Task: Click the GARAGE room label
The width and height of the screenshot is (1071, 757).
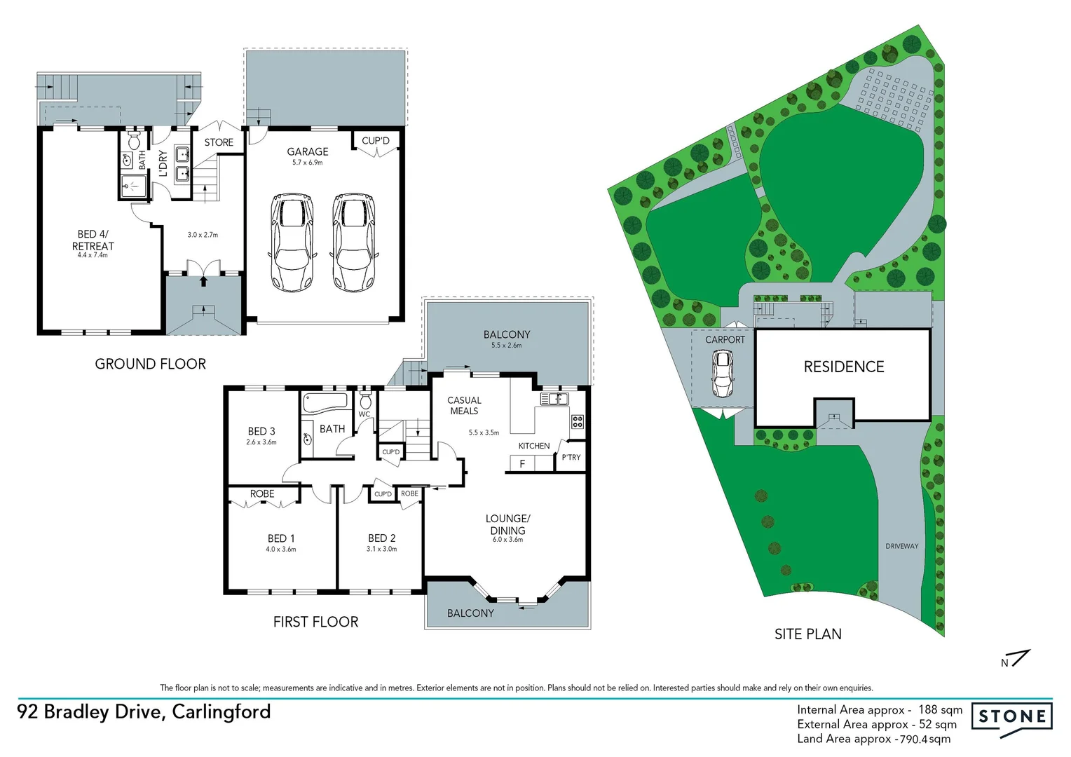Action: (308, 151)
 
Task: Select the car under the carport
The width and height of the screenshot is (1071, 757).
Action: (723, 373)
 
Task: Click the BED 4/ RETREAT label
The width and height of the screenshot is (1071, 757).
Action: (93, 240)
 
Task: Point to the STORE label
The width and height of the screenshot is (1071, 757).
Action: (219, 142)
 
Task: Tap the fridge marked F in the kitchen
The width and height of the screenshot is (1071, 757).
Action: (522, 463)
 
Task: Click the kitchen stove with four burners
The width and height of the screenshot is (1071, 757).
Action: (578, 421)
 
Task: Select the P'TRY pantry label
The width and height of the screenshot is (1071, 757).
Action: (571, 457)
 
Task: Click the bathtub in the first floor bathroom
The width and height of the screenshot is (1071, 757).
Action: (325, 402)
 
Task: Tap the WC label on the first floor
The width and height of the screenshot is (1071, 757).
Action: (364, 414)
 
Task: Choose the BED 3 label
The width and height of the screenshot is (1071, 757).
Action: (261, 431)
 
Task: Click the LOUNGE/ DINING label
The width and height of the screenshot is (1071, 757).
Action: (508, 524)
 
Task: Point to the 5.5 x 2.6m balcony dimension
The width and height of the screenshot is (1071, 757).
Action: (506, 346)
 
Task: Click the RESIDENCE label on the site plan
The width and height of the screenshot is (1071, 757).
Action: (844, 367)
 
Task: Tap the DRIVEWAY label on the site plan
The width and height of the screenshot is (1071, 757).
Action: (901, 546)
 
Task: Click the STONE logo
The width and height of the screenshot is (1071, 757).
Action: (1012, 716)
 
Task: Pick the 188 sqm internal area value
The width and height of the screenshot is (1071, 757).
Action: (940, 710)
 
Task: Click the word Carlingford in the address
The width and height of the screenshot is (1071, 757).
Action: (221, 712)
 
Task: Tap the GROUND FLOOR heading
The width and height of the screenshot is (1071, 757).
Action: (151, 364)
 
